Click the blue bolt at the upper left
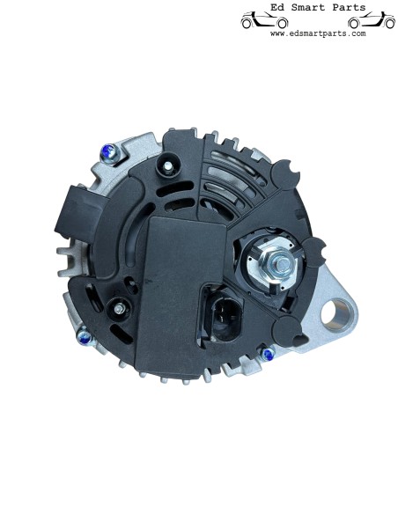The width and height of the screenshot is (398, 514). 109,153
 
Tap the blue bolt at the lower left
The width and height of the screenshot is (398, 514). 85,337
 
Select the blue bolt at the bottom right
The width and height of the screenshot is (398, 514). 269,354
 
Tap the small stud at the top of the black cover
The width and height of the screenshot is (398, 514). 168,167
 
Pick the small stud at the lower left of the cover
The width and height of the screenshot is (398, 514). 119,308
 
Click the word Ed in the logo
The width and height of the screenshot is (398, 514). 276,7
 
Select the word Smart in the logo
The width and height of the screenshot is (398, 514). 308,7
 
